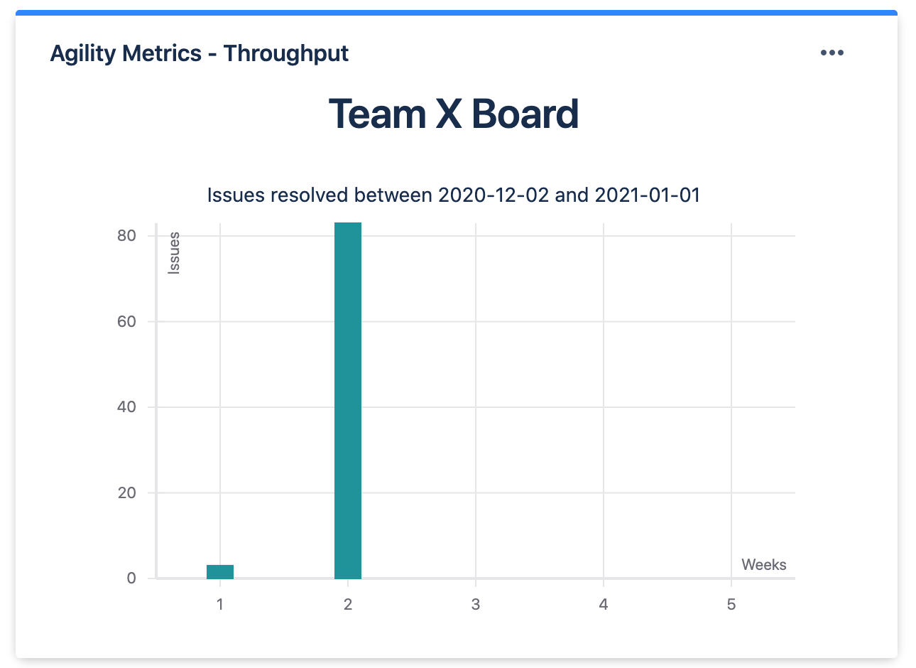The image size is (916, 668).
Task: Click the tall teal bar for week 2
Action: click(x=348, y=400)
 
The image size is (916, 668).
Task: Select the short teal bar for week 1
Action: click(x=220, y=571)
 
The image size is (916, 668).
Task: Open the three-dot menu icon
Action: click(x=832, y=53)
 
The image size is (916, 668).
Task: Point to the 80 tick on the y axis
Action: click(x=126, y=236)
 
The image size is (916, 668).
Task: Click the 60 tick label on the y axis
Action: click(x=126, y=322)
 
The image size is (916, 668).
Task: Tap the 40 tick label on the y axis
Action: click(x=126, y=407)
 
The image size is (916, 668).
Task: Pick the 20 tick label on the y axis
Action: click(x=126, y=493)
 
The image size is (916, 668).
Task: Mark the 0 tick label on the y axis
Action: click(x=131, y=578)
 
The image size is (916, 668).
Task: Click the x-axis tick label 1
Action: click(x=220, y=605)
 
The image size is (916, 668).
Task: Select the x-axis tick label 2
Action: click(x=348, y=605)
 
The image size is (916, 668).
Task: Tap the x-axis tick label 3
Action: click(x=476, y=605)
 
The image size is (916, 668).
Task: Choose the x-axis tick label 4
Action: click(x=604, y=605)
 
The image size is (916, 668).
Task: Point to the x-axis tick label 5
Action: click(x=731, y=605)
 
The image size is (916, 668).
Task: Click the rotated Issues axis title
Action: click(x=174, y=253)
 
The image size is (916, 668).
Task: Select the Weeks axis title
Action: click(x=764, y=565)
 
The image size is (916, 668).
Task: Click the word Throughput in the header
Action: click(x=286, y=54)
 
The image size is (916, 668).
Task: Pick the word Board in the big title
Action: click(x=525, y=114)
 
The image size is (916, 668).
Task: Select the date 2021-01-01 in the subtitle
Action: click(x=648, y=195)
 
